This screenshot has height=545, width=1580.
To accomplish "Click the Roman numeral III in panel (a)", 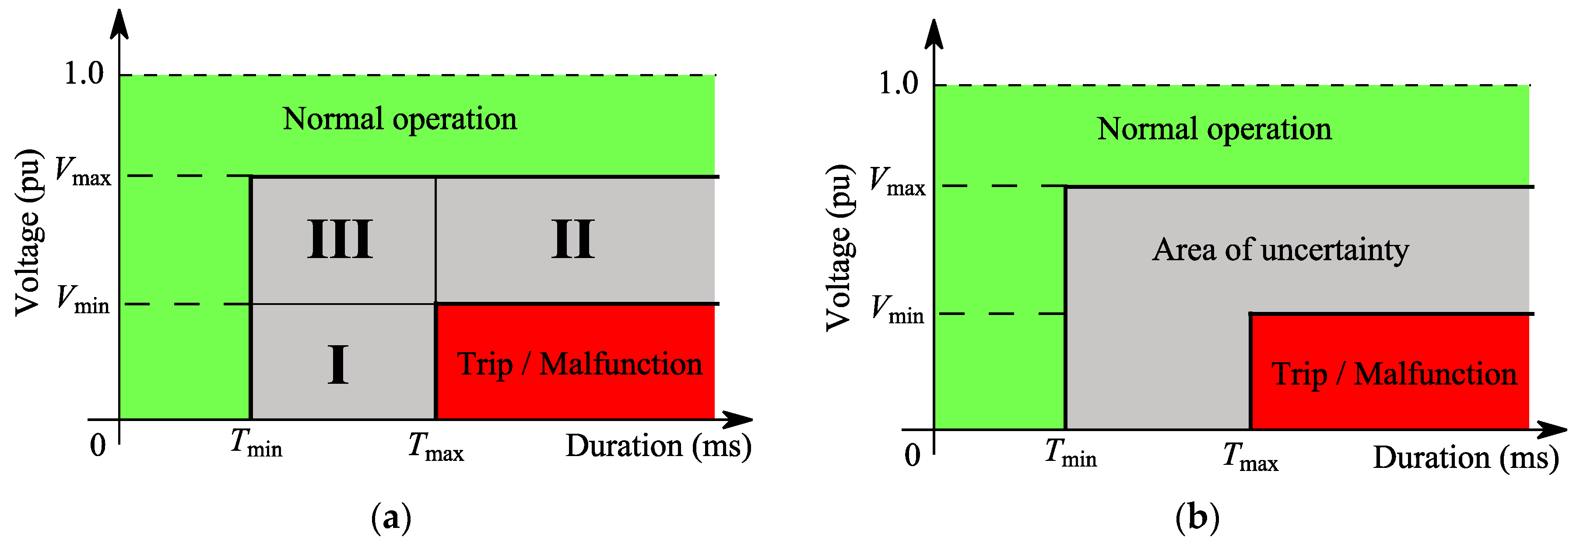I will [x=340, y=239].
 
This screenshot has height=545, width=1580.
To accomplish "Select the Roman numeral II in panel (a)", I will [x=573, y=239].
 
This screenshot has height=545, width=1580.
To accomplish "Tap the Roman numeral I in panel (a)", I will [x=338, y=365].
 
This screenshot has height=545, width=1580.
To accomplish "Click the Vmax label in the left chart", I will [x=83, y=172].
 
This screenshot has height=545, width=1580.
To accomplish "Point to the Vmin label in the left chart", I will [x=83, y=300].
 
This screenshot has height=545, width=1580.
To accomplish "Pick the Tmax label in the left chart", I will [x=435, y=447].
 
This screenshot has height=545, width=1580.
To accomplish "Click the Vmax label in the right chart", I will [x=897, y=182].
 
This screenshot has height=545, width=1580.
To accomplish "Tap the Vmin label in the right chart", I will [x=897, y=310].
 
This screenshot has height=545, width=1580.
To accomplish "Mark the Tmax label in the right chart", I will [x=1250, y=457].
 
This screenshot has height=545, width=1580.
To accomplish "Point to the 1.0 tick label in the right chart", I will [x=899, y=84].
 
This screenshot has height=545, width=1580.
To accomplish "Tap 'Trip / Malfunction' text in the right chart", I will [x=1394, y=375].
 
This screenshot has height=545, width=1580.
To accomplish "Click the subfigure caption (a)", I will [x=391, y=517].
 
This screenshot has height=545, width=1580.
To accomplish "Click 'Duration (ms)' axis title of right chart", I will [x=1465, y=458].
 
